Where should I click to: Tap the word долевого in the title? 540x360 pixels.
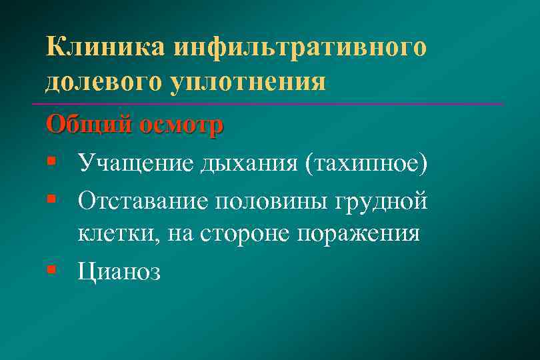point(99,83)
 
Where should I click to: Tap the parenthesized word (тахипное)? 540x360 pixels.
point(365,162)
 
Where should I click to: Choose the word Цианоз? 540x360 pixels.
point(119,271)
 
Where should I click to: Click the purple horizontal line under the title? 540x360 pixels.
point(267,104)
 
